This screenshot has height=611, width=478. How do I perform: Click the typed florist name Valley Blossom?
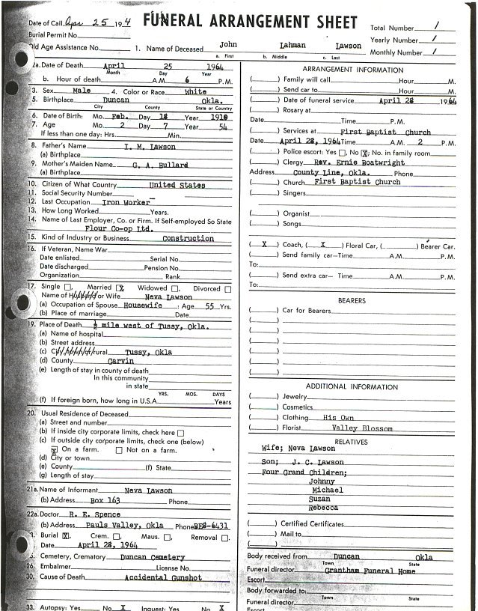pyautogui.click(x=362, y=428)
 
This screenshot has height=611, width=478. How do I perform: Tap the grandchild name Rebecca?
pyautogui.click(x=323, y=508)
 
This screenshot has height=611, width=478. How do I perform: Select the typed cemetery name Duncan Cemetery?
pyautogui.click(x=153, y=557)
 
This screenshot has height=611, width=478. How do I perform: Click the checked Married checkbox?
pyautogui.click(x=119, y=288)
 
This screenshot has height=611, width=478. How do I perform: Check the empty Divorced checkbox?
pyautogui.click(x=227, y=288)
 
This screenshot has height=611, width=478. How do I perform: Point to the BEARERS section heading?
pyautogui.click(x=352, y=301)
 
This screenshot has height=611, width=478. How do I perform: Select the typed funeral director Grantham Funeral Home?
pyautogui.click(x=370, y=570)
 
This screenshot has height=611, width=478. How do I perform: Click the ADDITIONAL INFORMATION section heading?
pyautogui.click(x=352, y=387)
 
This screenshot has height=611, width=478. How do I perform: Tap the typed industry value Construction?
pyautogui.click(x=188, y=238)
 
